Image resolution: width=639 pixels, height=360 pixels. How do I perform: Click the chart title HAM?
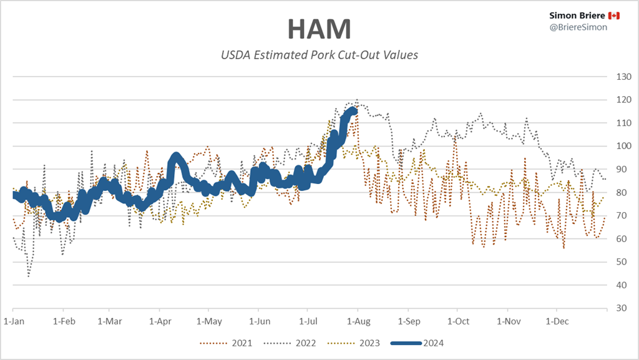(319, 29)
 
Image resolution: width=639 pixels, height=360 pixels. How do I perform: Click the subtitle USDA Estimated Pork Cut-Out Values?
(319, 55)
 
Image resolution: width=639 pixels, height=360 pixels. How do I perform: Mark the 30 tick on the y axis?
(620, 308)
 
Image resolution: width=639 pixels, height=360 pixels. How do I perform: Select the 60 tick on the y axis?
(620, 239)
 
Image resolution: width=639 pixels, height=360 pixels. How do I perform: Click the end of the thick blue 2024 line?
(355, 110)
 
